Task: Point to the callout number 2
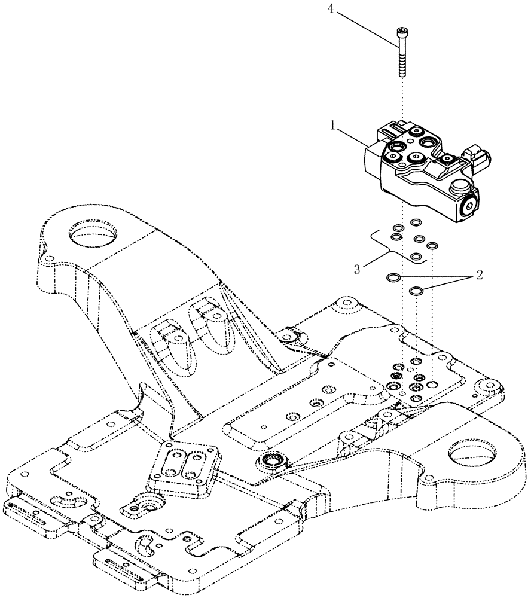pos(478,276)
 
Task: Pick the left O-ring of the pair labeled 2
pos(393,277)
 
